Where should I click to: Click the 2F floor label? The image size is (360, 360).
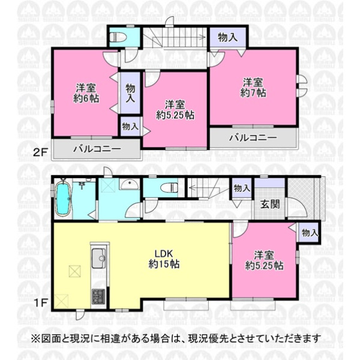tap(41, 152)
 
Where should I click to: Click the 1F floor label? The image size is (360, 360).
tap(41, 302)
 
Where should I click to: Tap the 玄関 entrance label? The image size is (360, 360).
tap(270, 204)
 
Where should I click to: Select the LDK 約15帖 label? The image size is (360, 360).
tap(164, 259)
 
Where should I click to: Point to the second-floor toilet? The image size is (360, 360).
tap(118, 37)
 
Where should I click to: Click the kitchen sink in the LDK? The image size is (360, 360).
tap(99, 259)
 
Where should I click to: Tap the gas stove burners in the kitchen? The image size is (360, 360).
tap(98, 296)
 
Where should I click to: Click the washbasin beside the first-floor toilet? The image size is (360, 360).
tap(129, 184)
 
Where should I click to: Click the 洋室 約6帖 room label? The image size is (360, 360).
tap(86, 93)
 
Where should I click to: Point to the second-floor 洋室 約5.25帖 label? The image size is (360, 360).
tap(175, 110)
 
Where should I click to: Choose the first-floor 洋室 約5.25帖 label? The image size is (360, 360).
tap(264, 260)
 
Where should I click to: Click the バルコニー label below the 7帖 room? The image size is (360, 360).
tap(253, 137)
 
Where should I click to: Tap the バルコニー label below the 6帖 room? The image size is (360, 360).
tap(97, 149)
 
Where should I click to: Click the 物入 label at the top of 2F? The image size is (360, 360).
tap(228, 37)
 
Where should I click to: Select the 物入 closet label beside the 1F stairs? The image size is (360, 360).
tap(242, 188)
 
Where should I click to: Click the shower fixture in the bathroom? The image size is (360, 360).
tap(82, 184)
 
